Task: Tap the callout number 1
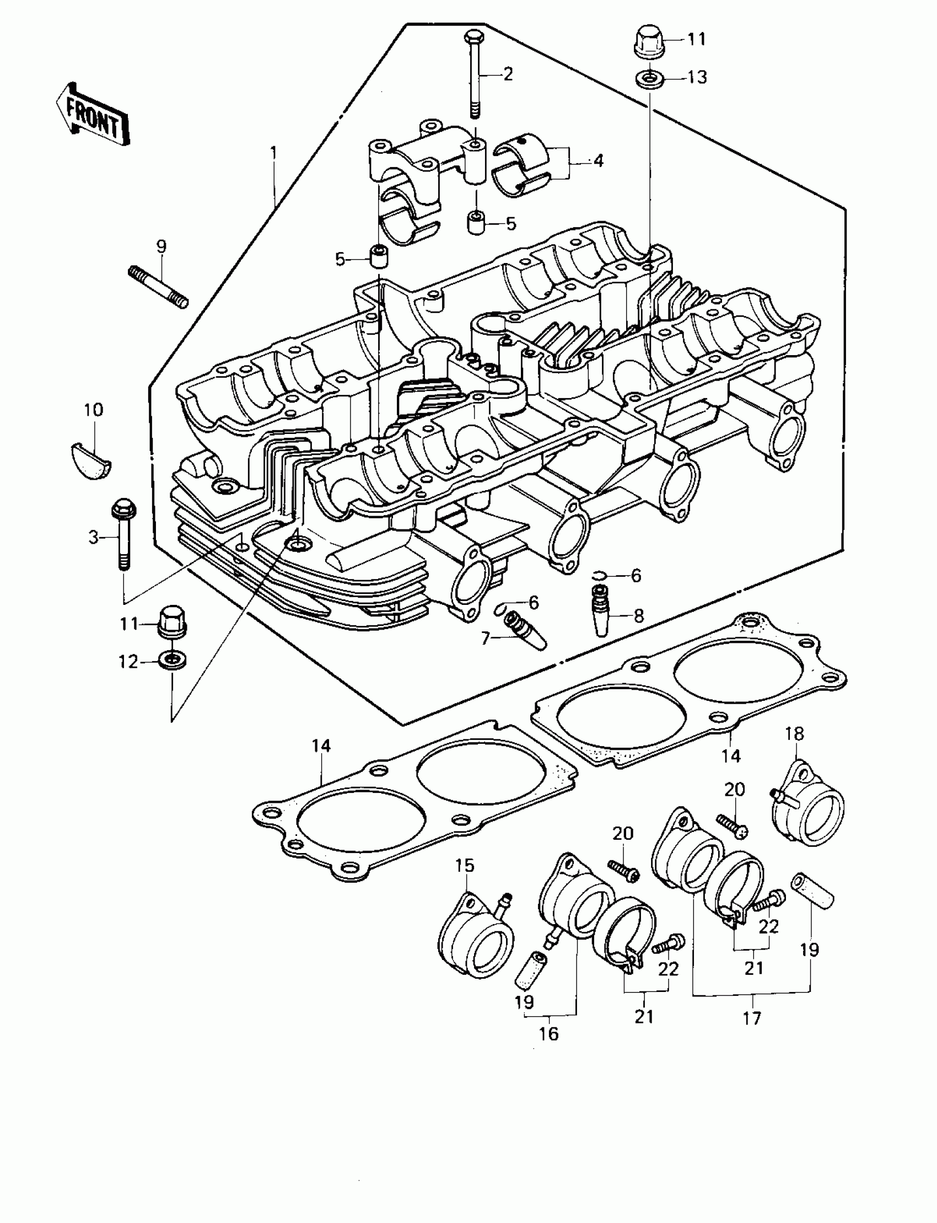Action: (273, 152)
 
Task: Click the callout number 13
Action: (697, 77)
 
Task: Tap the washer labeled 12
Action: (173, 661)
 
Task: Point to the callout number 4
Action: (598, 160)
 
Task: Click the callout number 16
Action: (549, 1033)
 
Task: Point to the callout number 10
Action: (93, 410)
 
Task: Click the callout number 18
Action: (795, 733)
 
